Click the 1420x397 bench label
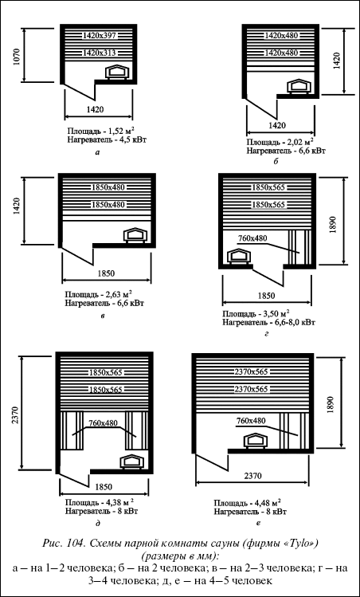coord(99,36)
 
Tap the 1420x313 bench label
coord(99,53)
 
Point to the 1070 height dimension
coord(16,56)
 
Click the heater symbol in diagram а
coord(117,72)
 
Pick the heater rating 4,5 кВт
coord(133,139)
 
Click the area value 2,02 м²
coord(300,143)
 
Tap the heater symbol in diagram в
coord(135,234)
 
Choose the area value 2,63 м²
coord(119,294)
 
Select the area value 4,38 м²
coord(119,501)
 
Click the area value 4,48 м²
coord(268,501)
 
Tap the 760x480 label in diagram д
coord(103,422)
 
